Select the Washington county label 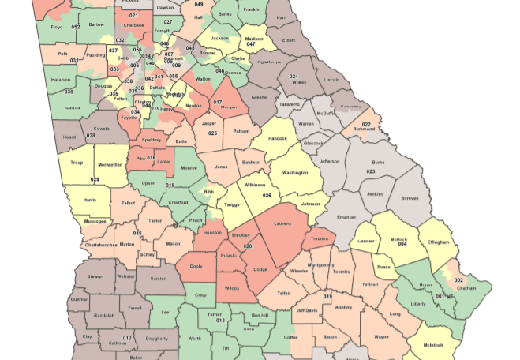(x=295, y=172)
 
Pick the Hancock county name (x=277, y=137)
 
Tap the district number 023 (x=370, y=171)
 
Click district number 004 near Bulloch (x=402, y=243)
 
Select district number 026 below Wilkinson (x=267, y=195)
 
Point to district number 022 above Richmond (x=366, y=125)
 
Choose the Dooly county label (x=196, y=266)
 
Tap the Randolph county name (x=104, y=315)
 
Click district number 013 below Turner (x=220, y=321)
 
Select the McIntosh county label (x=432, y=345)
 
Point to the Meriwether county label (x=110, y=165)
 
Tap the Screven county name (x=409, y=198)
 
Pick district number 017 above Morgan (x=217, y=102)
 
